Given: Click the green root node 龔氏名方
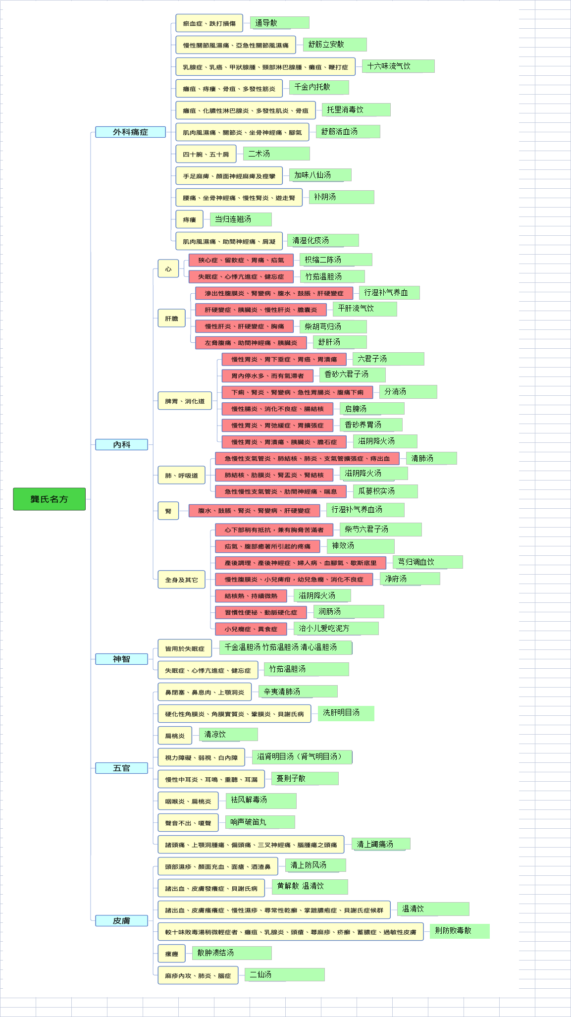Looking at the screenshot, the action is (49, 499).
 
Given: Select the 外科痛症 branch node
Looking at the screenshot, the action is (130, 132).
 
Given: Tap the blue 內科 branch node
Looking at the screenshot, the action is (121, 444).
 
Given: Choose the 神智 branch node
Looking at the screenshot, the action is (121, 659).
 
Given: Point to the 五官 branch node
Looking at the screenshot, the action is (121, 768).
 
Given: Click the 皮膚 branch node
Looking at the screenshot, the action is (121, 920).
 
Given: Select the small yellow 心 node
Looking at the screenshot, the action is (168, 268).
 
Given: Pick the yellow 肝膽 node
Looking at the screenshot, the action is (171, 318).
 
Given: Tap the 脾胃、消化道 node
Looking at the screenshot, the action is (185, 401).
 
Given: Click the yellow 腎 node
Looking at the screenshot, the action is (168, 511).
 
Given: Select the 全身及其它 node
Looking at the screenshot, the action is (181, 580).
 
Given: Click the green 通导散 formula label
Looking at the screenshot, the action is (279, 23).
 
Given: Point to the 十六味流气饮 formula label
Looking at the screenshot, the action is (398, 66).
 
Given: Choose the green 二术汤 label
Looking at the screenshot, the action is (276, 154).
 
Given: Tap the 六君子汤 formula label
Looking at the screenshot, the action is (388, 359).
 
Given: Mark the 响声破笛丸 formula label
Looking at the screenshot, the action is (260, 822).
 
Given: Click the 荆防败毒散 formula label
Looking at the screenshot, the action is (460, 931).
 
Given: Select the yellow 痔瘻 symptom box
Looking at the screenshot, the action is (190, 219).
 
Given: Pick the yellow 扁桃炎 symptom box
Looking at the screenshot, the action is (175, 736).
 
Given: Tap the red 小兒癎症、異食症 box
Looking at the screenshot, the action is (251, 629).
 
